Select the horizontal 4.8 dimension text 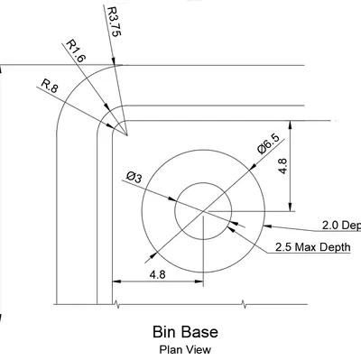157,273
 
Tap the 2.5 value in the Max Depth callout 285,246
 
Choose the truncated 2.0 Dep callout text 341,225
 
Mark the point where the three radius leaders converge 127,136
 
